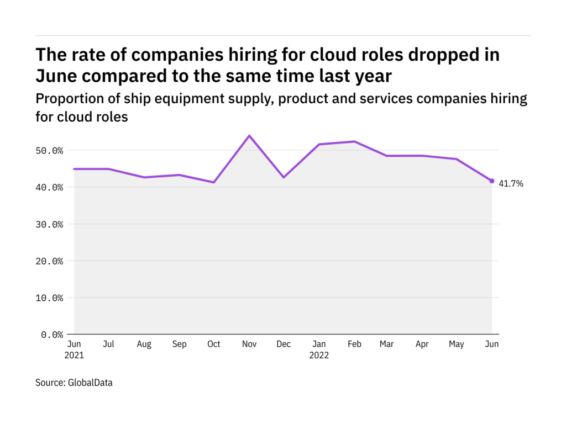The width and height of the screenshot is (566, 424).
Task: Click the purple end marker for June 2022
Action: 492,181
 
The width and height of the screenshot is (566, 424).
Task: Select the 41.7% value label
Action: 511,184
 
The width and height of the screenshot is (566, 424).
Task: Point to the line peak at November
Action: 249,136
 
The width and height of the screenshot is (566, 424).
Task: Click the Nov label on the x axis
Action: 249,344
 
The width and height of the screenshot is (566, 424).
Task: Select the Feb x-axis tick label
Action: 354,344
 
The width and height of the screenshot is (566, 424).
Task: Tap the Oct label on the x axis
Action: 213,344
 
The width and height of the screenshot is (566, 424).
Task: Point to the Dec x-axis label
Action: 284,344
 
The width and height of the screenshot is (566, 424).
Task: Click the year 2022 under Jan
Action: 319,355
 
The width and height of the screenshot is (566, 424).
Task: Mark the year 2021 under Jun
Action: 74,355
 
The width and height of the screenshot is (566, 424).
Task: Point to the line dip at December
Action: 284,177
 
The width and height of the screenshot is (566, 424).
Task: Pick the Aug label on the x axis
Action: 144,344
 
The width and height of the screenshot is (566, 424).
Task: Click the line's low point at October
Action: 213,182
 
